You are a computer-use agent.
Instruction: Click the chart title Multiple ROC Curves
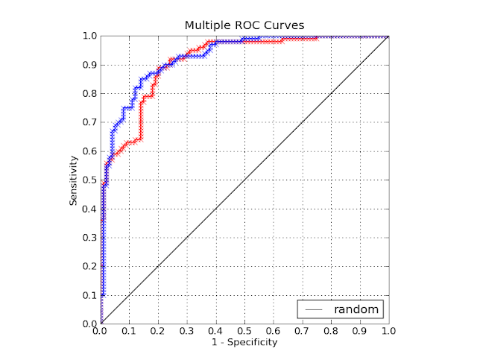point(244,25)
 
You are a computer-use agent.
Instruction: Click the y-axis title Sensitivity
point(74,180)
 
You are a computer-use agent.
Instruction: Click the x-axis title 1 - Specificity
point(244,342)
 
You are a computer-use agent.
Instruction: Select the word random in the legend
point(356,309)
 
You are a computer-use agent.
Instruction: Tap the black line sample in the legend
point(315,309)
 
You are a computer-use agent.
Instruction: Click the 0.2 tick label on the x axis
point(158,332)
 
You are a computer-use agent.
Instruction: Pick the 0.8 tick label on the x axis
point(331,332)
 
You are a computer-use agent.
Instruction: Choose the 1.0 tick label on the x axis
point(388,332)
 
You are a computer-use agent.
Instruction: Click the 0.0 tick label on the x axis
point(101,332)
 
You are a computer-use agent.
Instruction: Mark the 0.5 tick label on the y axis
point(89,180)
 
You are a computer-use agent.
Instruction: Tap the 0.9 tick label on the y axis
point(89,65)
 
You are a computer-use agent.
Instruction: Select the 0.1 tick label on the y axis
point(89,295)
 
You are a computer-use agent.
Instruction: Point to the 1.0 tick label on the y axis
point(89,36)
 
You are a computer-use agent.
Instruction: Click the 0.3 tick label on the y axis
point(89,238)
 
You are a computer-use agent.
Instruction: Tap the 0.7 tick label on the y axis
point(89,122)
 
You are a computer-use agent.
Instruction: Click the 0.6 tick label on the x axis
point(274,332)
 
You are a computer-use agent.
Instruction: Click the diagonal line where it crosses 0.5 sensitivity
point(244,180)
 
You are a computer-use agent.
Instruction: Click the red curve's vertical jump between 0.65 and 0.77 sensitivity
point(140,119)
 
